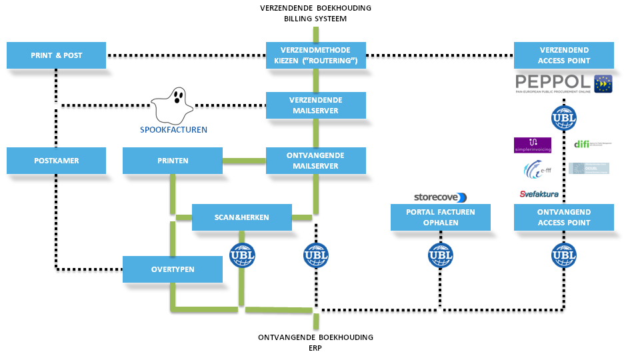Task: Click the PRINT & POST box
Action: [x=57, y=55]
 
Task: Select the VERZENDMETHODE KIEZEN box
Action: [x=316, y=55]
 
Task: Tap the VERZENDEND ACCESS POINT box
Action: [x=564, y=55]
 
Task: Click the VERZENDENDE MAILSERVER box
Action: [x=316, y=105]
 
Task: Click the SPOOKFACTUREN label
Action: [x=173, y=129]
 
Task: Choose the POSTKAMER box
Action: [x=57, y=161]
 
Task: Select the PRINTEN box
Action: [x=173, y=161]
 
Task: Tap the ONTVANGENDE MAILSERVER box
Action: [x=316, y=161]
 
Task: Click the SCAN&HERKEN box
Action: [x=242, y=217]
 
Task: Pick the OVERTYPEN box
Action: [x=173, y=269]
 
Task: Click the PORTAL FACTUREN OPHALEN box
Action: [x=440, y=217]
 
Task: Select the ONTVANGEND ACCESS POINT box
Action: [x=564, y=217]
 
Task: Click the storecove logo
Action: [x=440, y=197]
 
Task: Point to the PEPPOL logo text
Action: [x=554, y=83]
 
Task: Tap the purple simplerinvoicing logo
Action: [x=533, y=145]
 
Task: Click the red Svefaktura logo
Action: [x=534, y=194]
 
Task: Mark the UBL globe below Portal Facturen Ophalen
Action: [x=440, y=255]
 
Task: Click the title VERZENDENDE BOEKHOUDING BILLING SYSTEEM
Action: [x=315, y=13]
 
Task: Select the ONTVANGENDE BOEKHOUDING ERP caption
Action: [x=315, y=342]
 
